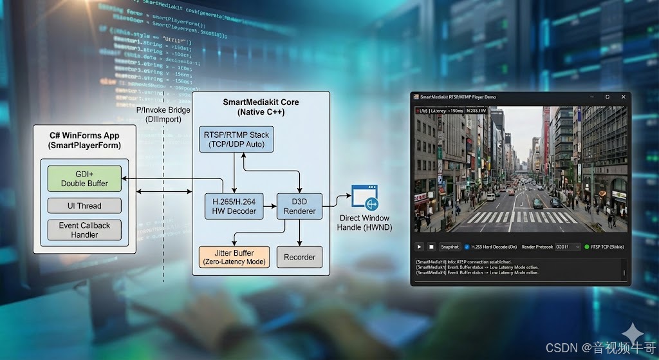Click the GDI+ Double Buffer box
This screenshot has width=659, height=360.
(85, 178)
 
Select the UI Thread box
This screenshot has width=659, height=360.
(85, 206)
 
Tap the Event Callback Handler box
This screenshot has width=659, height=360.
(85, 230)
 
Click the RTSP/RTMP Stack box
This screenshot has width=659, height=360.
(237, 140)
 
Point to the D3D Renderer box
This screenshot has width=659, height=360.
(299, 206)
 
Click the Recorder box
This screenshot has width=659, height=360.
(299, 257)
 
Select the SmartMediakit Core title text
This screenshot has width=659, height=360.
(261, 107)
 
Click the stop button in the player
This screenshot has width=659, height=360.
(431, 247)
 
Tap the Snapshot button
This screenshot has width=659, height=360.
(449, 247)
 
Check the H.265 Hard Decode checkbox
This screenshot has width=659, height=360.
(467, 247)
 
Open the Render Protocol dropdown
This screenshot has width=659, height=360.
(568, 247)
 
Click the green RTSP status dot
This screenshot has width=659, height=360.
(587, 247)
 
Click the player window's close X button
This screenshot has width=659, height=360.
(621, 97)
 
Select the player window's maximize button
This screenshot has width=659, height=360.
(607, 97)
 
